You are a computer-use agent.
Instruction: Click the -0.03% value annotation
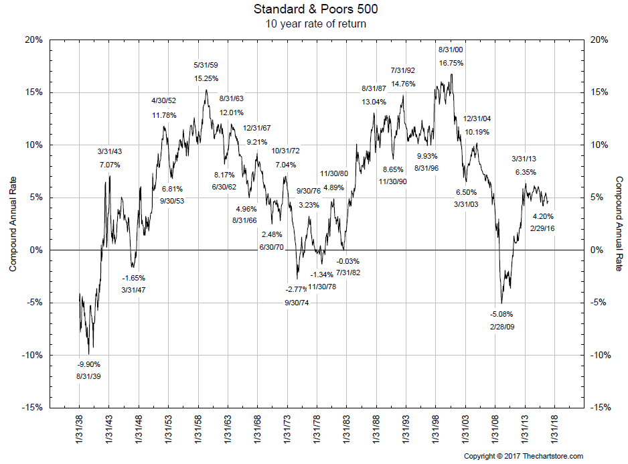click(x=347, y=261)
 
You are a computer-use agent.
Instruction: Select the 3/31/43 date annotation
click(x=110, y=151)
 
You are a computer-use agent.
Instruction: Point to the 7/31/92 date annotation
click(x=403, y=70)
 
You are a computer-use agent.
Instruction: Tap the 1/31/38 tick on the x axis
click(x=80, y=433)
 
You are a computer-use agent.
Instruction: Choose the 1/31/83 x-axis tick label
click(x=346, y=433)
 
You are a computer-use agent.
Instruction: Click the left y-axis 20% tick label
click(x=33, y=40)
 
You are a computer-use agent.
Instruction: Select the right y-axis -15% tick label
click(x=599, y=407)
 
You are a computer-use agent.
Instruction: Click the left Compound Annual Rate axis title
click(x=13, y=224)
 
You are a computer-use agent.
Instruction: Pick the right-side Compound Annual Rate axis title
click(x=619, y=224)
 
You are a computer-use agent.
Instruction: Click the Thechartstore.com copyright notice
click(x=524, y=457)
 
